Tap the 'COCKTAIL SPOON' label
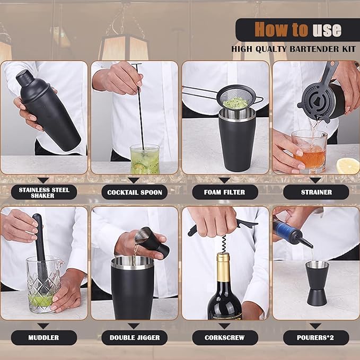pyautogui.click(x=135, y=192)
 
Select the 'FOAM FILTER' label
pyautogui.click(x=225, y=192)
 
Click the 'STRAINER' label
pyautogui.click(x=316, y=192)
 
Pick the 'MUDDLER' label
pyautogui.click(x=44, y=337)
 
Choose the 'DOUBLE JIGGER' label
pyautogui.click(x=135, y=337)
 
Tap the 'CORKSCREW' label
pyautogui.click(x=225, y=337)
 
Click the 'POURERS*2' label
pyautogui.click(x=316, y=337)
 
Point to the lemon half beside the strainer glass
pyautogui.click(x=348, y=165)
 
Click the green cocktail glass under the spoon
pyautogui.click(x=144, y=159)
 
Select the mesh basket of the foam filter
pyautogui.click(x=236, y=99)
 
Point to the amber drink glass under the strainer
pyautogui.click(x=309, y=151)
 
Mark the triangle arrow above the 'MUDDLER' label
pyautogui.click(x=44, y=326)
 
